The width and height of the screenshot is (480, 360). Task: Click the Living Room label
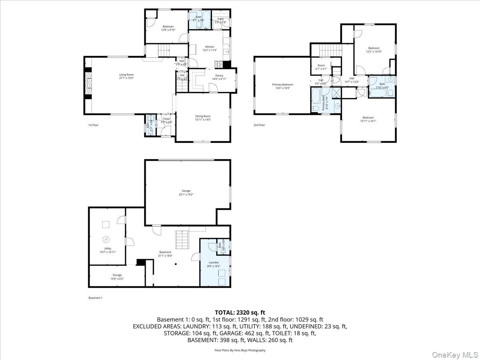tap(126, 75)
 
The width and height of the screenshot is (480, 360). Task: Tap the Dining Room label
tap(203, 116)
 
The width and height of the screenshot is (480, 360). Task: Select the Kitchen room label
tap(210, 47)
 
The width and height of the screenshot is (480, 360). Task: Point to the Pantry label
tap(219, 76)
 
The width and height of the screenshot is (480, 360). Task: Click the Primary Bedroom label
tap(282, 84)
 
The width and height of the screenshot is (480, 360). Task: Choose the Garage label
tap(186, 191)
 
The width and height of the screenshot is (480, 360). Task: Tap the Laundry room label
tap(214, 262)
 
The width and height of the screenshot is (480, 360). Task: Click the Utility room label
tap(108, 248)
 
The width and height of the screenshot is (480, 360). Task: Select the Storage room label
tap(117, 275)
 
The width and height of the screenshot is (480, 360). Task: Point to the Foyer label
tap(166, 119)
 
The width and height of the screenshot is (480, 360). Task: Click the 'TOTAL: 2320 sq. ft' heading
tap(240, 313)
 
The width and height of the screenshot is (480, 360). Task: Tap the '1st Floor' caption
tap(93, 125)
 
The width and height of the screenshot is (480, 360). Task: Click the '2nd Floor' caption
tap(259, 125)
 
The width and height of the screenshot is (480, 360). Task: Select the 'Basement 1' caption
tap(96, 298)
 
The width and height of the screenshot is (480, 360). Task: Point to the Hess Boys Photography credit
tap(240, 350)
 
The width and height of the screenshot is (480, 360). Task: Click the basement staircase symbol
tap(181, 240)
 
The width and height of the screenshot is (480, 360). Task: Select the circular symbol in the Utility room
tap(106, 240)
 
